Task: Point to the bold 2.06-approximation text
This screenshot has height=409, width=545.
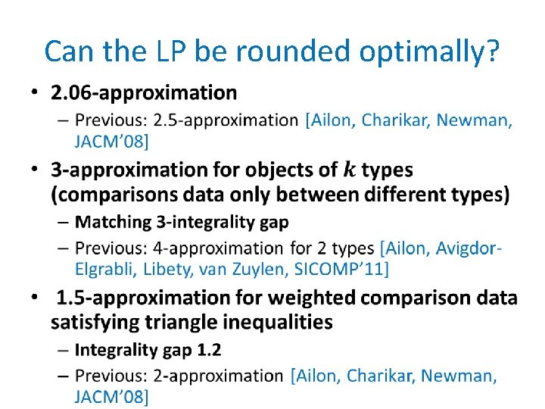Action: click(144, 93)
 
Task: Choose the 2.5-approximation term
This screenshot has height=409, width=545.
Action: click(226, 120)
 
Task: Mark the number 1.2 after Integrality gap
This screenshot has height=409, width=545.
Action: click(208, 349)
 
